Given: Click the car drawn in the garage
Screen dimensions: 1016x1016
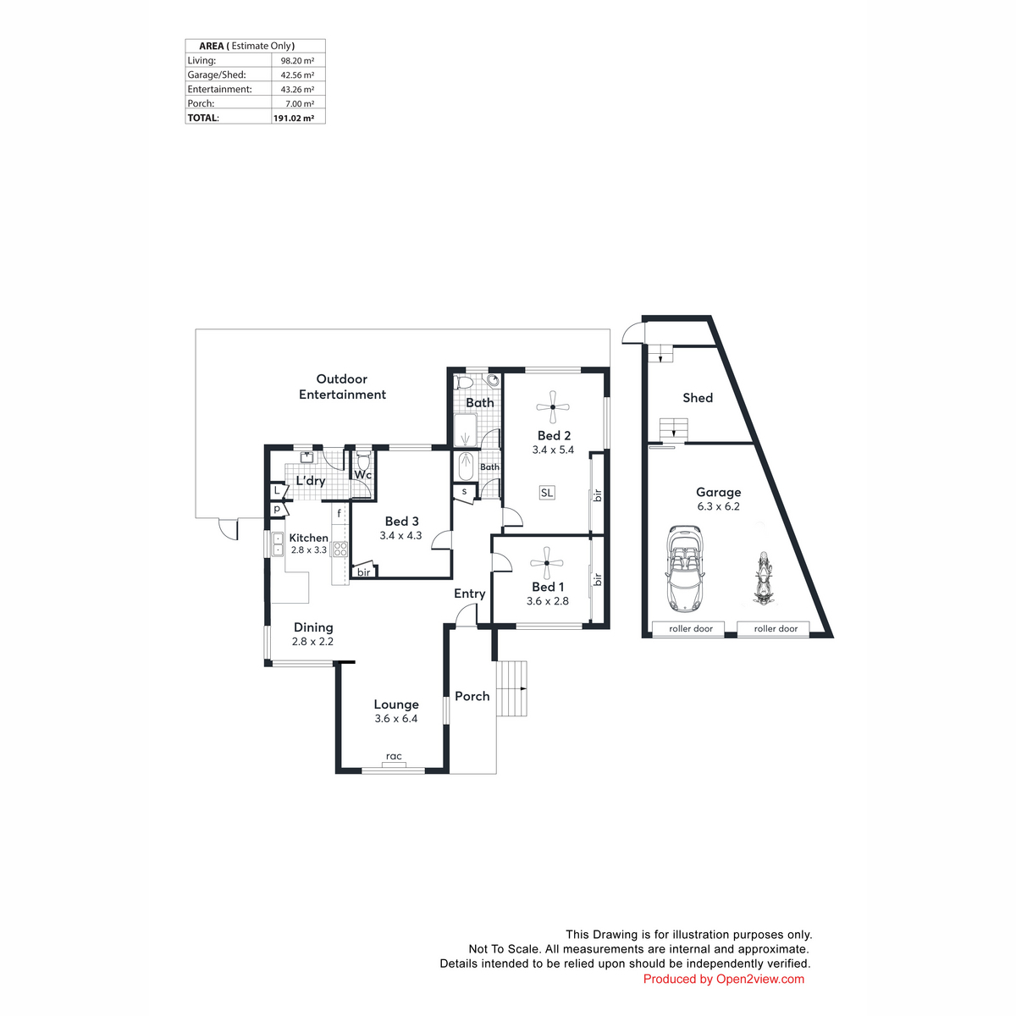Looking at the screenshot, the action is (684, 568).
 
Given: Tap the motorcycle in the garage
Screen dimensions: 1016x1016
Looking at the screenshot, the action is (763, 577).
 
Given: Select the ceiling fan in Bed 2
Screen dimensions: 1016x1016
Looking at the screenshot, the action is (553, 406).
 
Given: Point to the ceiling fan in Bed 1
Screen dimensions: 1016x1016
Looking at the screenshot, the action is (547, 563).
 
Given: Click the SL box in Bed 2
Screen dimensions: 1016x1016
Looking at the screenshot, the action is (547, 493).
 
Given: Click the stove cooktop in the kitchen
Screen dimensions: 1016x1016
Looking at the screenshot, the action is (340, 549).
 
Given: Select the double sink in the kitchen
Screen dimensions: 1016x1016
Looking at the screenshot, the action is (278, 544).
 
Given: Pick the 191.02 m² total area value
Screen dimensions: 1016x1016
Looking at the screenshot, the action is (294, 118).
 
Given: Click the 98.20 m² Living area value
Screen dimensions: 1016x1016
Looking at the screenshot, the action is (297, 61).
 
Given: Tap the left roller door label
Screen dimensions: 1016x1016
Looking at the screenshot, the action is (691, 628).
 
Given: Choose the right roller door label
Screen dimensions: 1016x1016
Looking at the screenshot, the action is (776, 628).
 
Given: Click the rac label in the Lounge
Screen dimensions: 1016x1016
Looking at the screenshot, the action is (394, 756).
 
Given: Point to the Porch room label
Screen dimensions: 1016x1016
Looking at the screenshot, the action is (472, 696).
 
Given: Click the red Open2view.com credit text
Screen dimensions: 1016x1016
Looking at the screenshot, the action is (723, 979).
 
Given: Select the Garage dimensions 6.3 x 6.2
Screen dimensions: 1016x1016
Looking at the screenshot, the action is (718, 506).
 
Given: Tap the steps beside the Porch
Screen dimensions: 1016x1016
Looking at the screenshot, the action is (511, 688).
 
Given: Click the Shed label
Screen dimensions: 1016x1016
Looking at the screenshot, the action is (698, 398).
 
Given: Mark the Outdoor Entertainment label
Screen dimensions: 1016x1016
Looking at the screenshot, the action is (342, 386).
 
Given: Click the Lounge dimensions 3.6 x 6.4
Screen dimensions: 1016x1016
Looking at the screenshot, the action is (396, 718).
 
